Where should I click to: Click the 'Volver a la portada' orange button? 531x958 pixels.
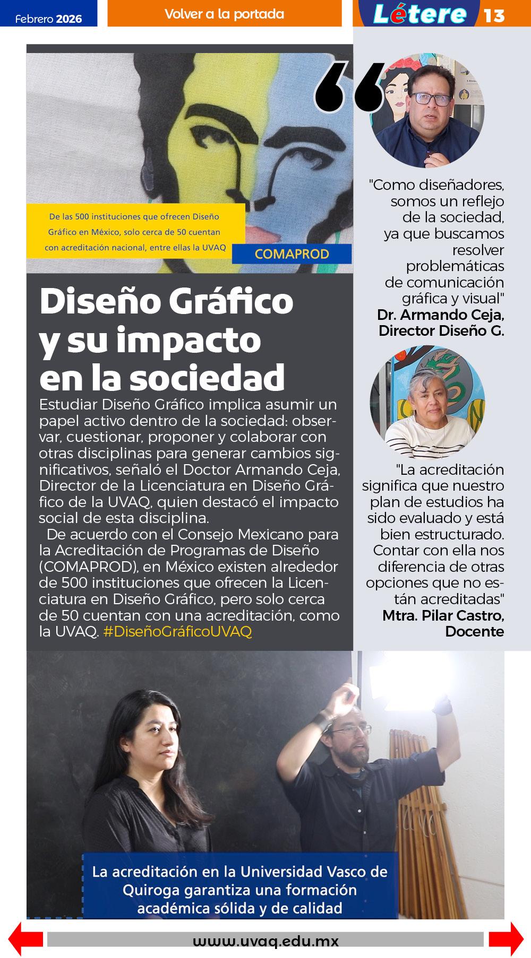point(224,14)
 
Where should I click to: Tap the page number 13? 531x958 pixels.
point(494,15)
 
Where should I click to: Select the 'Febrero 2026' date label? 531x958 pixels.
point(48,19)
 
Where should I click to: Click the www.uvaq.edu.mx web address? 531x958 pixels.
point(265,942)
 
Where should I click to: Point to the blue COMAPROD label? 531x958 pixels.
point(292,254)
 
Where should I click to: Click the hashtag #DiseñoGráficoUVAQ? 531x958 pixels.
point(177,632)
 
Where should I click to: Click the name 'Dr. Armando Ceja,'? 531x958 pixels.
point(440,315)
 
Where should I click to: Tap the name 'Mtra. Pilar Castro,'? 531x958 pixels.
point(443,615)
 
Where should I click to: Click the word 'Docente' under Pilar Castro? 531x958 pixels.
point(474,631)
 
